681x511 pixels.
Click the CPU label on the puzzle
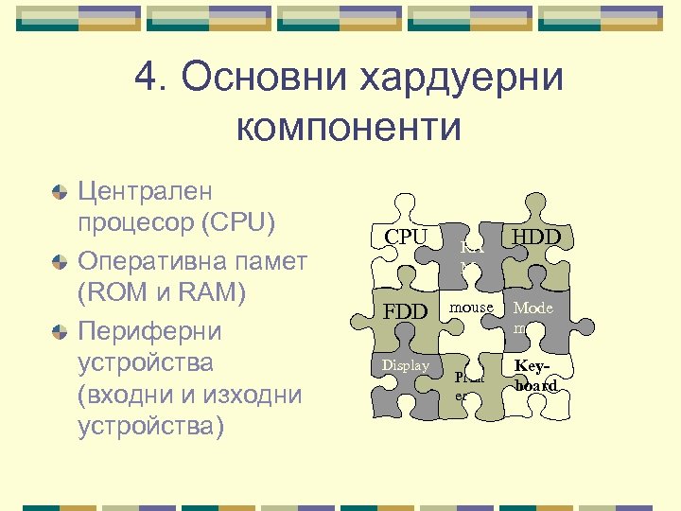click(406, 237)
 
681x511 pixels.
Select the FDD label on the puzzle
click(405, 312)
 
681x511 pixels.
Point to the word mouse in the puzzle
click(471, 308)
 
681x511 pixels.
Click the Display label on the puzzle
click(405, 365)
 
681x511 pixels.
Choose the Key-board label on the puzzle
click(535, 376)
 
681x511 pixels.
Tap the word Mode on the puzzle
click(533, 308)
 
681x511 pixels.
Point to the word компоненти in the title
click(349, 127)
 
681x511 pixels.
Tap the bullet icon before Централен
click(60, 192)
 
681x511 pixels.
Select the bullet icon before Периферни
click(60, 332)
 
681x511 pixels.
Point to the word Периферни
click(149, 331)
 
